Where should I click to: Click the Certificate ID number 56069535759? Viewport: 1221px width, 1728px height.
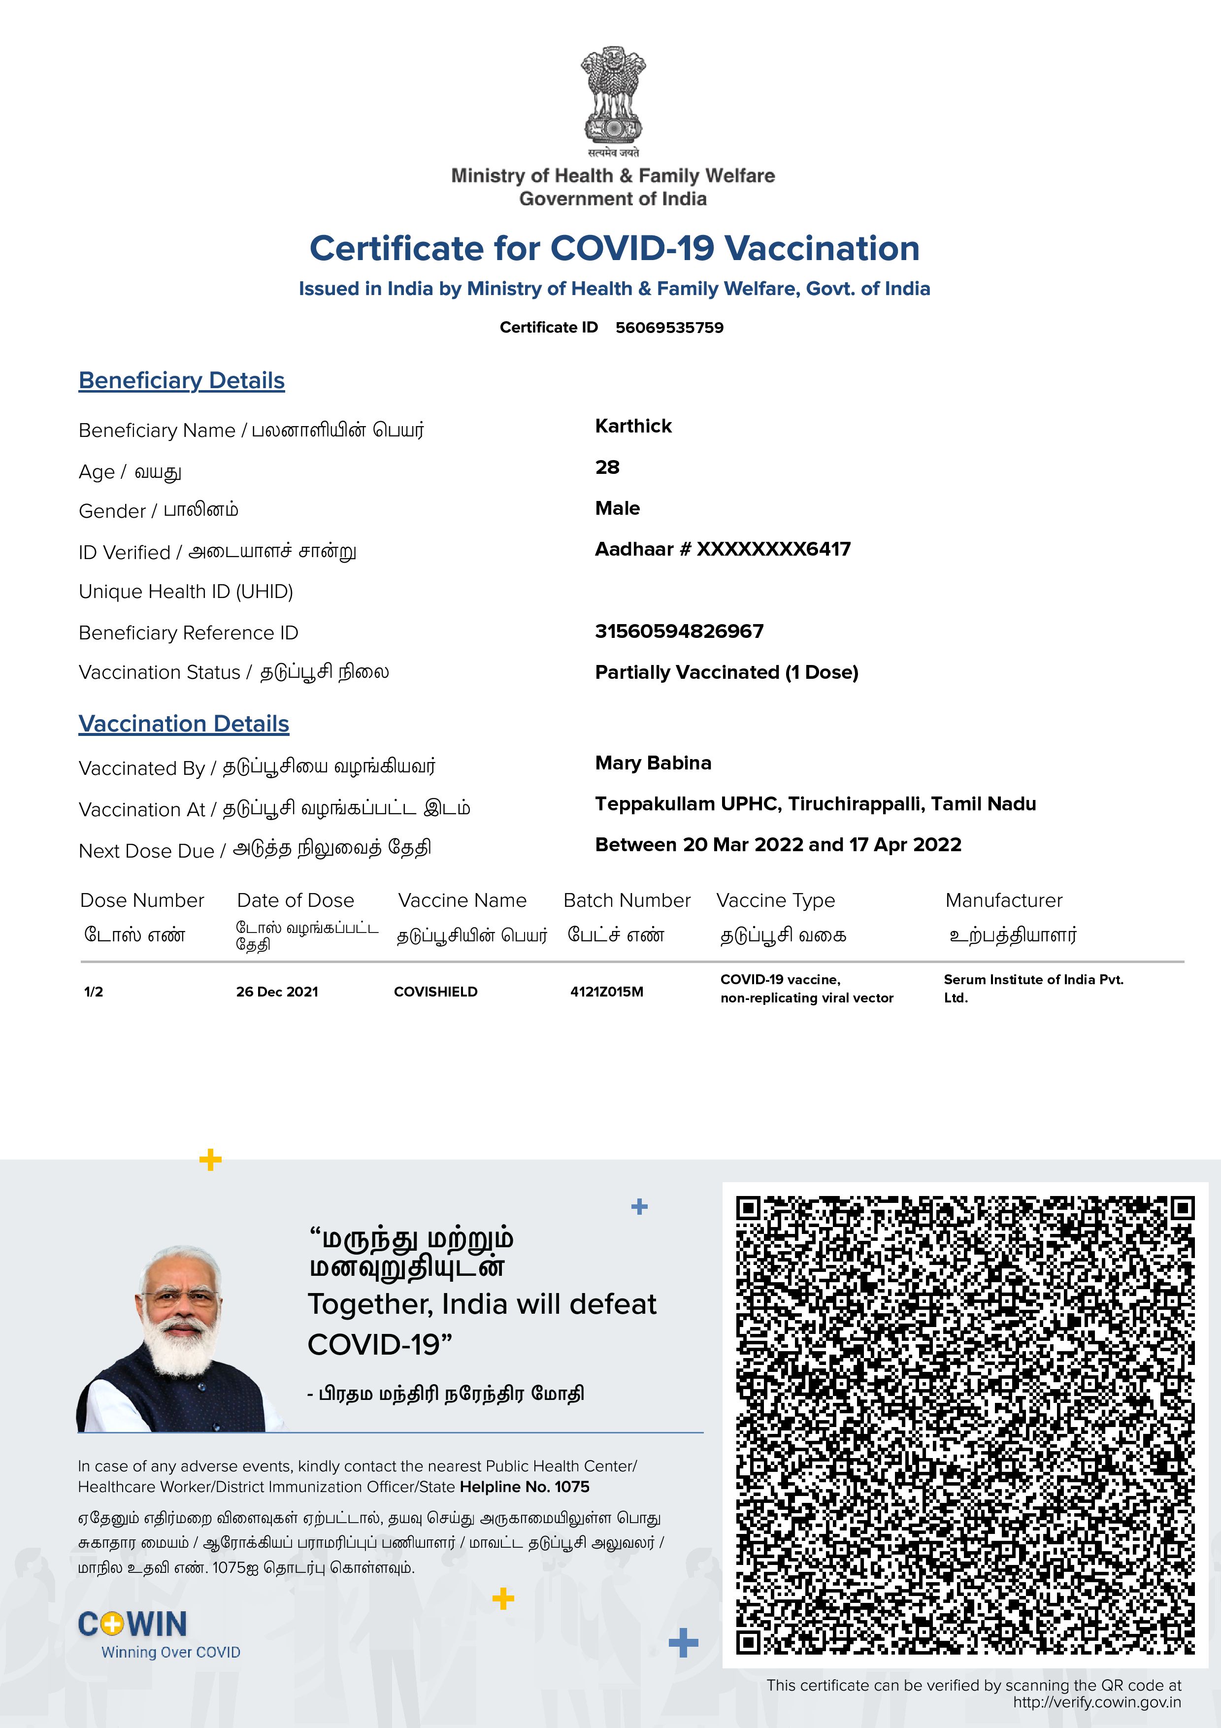point(669,328)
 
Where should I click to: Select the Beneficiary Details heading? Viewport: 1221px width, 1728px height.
point(181,381)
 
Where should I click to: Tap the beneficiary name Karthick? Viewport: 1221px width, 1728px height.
point(633,426)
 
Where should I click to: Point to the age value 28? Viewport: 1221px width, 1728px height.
point(607,467)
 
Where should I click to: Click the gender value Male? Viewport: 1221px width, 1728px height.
point(617,508)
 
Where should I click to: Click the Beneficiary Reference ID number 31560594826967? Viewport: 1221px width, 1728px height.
point(679,631)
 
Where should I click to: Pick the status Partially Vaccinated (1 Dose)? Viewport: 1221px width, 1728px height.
point(726,672)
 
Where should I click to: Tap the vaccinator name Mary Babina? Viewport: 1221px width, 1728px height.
point(652,763)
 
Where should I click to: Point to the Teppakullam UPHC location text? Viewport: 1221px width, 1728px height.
point(815,804)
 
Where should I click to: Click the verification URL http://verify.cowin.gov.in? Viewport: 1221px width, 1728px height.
point(1096,1702)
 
